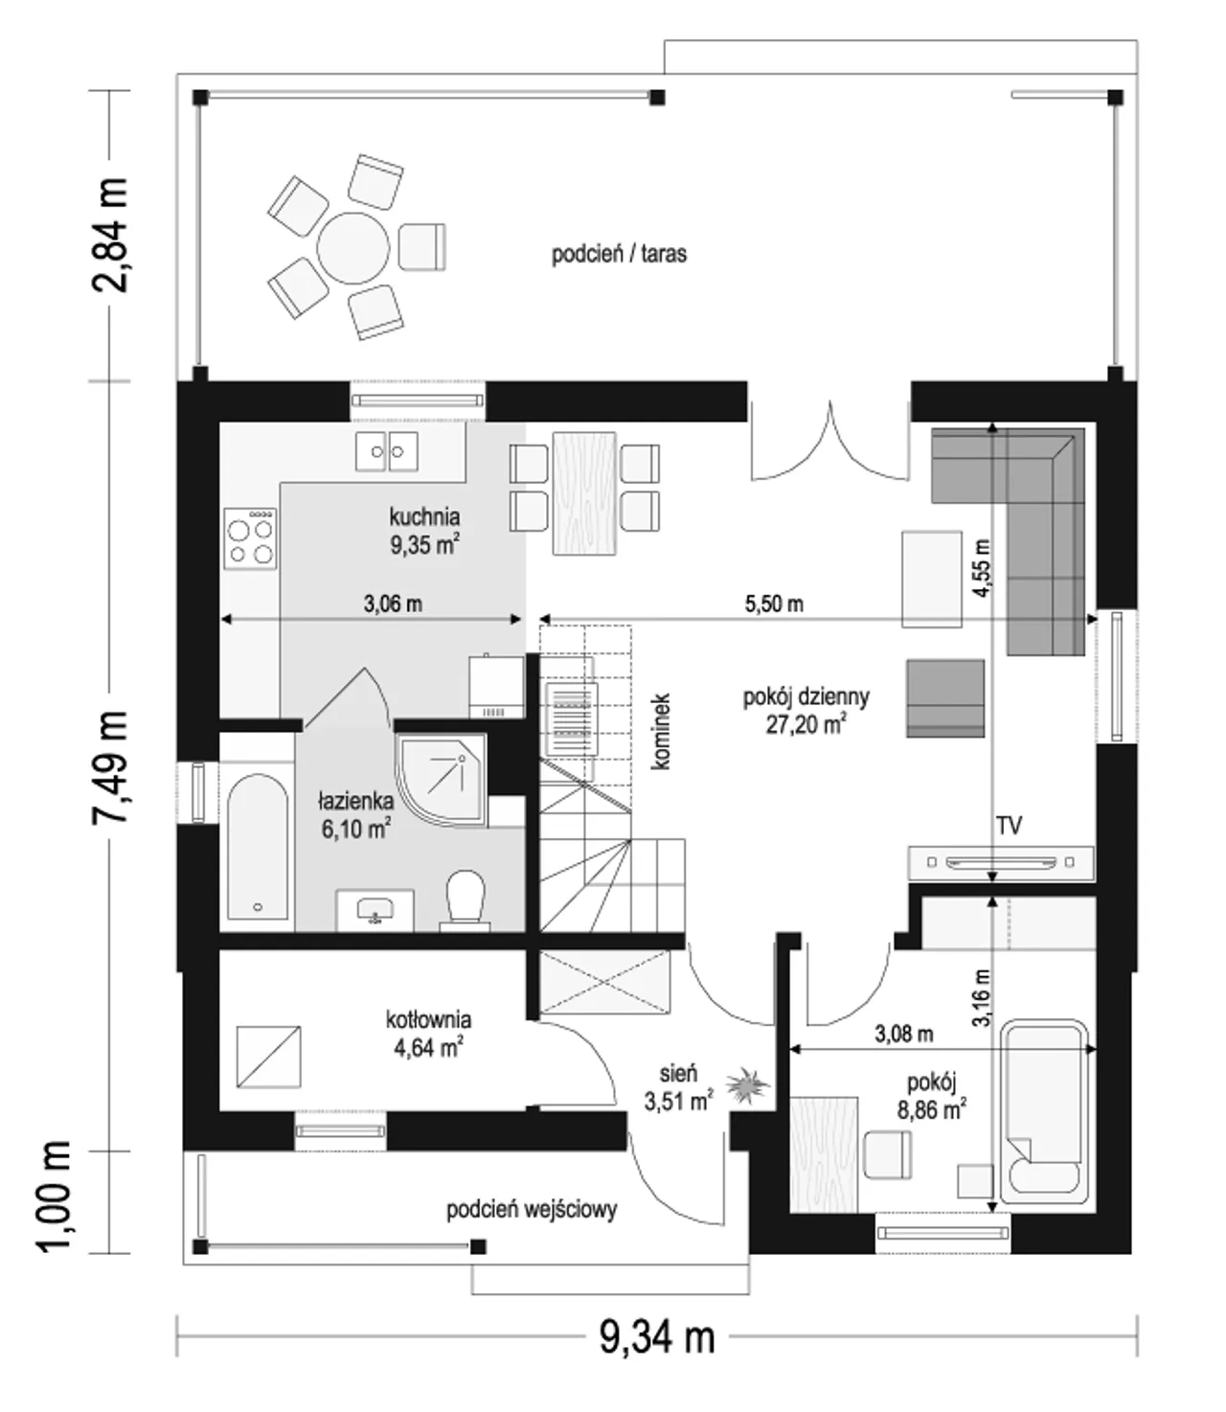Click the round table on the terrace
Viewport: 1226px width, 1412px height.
[x=352, y=248]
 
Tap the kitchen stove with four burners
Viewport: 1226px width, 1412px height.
[x=250, y=539]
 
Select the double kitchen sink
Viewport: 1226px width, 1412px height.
[x=386, y=451]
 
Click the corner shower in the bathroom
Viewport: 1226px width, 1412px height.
[x=441, y=780]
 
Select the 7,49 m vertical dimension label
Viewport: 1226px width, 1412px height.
[x=111, y=766]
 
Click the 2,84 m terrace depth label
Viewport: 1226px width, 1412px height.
[x=111, y=236]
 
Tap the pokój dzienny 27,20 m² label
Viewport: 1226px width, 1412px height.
[x=806, y=710]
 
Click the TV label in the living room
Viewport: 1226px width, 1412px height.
[x=1009, y=825]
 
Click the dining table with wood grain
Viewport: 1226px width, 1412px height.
[x=583, y=492]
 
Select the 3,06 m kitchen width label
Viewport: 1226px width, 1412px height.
[x=393, y=604]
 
